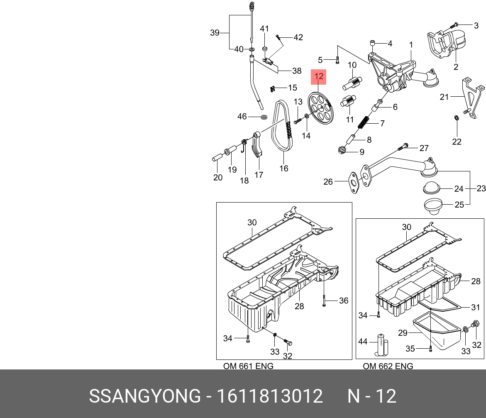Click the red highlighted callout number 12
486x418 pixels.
(319, 76)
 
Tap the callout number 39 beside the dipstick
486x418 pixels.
(215, 33)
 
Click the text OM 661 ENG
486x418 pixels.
(248, 366)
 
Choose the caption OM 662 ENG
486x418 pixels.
(388, 366)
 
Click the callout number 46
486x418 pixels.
(242, 117)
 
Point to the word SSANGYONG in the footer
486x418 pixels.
(144, 396)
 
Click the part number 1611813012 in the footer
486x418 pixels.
(270, 396)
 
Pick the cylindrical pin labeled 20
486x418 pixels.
(218, 158)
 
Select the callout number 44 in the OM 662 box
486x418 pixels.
(363, 341)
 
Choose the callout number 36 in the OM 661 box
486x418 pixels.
(343, 301)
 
